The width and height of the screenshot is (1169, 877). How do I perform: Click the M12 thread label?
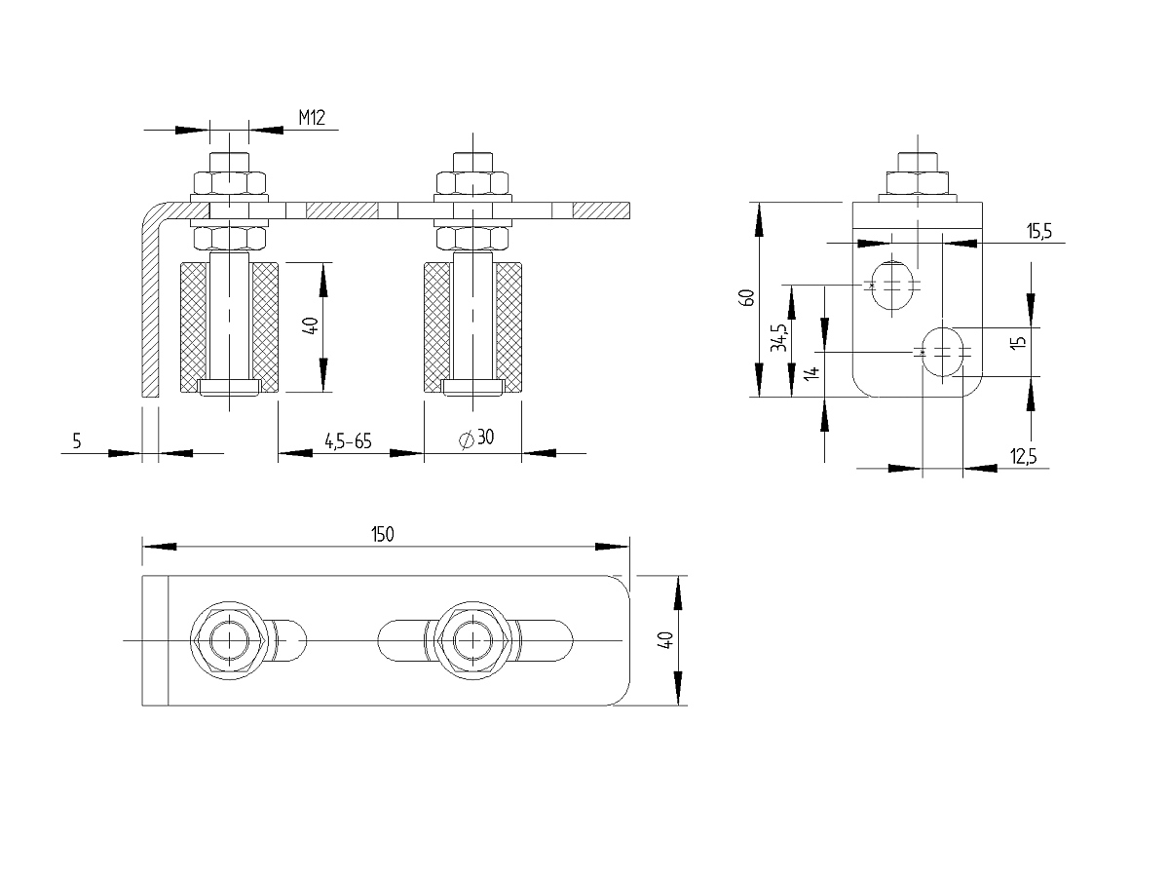[312, 117]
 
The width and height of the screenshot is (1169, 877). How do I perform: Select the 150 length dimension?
[383, 534]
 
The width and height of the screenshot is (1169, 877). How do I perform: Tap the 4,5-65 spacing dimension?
[348, 440]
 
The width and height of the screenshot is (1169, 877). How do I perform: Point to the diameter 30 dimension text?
[476, 438]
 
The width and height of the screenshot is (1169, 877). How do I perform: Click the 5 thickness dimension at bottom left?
[77, 440]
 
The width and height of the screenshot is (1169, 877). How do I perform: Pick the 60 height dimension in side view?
[746, 297]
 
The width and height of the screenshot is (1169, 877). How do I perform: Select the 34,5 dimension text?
[779, 337]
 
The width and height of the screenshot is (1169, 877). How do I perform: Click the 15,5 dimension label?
[1039, 231]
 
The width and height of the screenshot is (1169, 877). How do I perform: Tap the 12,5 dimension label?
[1023, 456]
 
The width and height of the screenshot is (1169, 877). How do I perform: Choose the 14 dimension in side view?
[811, 373]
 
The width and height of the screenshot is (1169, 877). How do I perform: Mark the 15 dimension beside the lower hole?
[1018, 342]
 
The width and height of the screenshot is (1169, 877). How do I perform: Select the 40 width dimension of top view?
[665, 639]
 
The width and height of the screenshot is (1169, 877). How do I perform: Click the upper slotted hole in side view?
[892, 285]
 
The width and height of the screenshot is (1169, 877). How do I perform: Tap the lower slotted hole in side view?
[943, 353]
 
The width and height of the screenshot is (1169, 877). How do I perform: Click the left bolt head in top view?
[230, 640]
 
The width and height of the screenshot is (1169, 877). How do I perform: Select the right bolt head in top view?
[472, 640]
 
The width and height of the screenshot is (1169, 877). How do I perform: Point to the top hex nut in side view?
[917, 182]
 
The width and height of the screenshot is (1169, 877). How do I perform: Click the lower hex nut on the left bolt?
[230, 238]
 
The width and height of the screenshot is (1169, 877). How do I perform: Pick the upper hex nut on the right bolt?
[472, 182]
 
